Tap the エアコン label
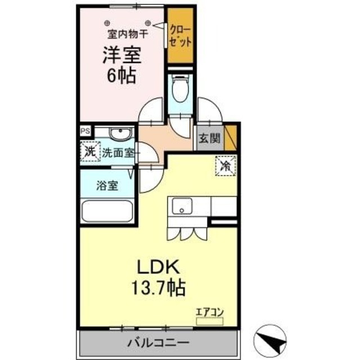tap(209, 310)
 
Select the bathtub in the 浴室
tap(107, 211)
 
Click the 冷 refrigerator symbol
tap(224, 166)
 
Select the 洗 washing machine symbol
tap(89, 152)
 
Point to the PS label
tap(85, 130)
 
